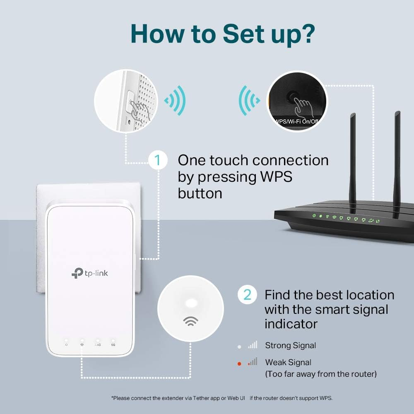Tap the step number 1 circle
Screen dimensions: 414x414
[x=158, y=160]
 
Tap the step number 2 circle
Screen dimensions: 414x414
[x=247, y=295]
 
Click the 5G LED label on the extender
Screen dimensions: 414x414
[x=113, y=344]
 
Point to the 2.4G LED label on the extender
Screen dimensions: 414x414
[x=98, y=344]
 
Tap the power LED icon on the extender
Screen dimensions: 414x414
[x=66, y=344]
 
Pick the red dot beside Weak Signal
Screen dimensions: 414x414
[x=239, y=363]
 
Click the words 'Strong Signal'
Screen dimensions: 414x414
[x=290, y=345]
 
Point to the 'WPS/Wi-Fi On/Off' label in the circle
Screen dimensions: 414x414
[x=296, y=121]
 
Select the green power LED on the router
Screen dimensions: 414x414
[x=315, y=216]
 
